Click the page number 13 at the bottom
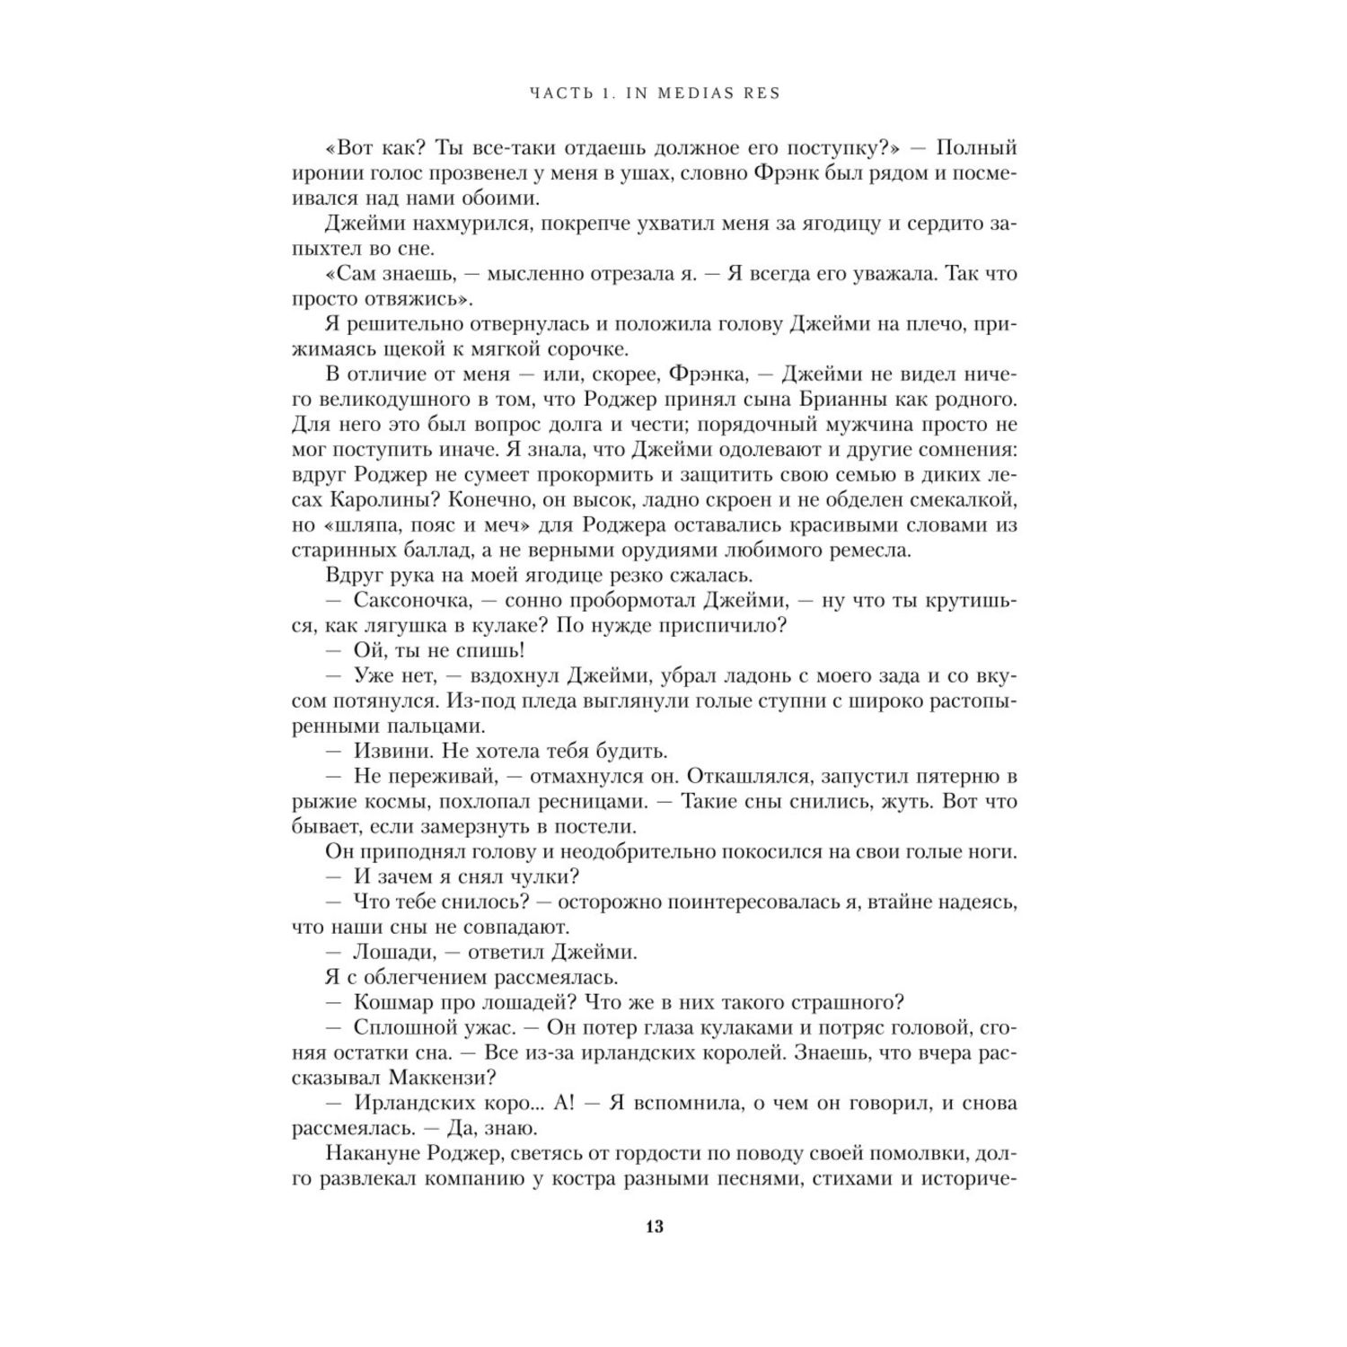pos(654,1228)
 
